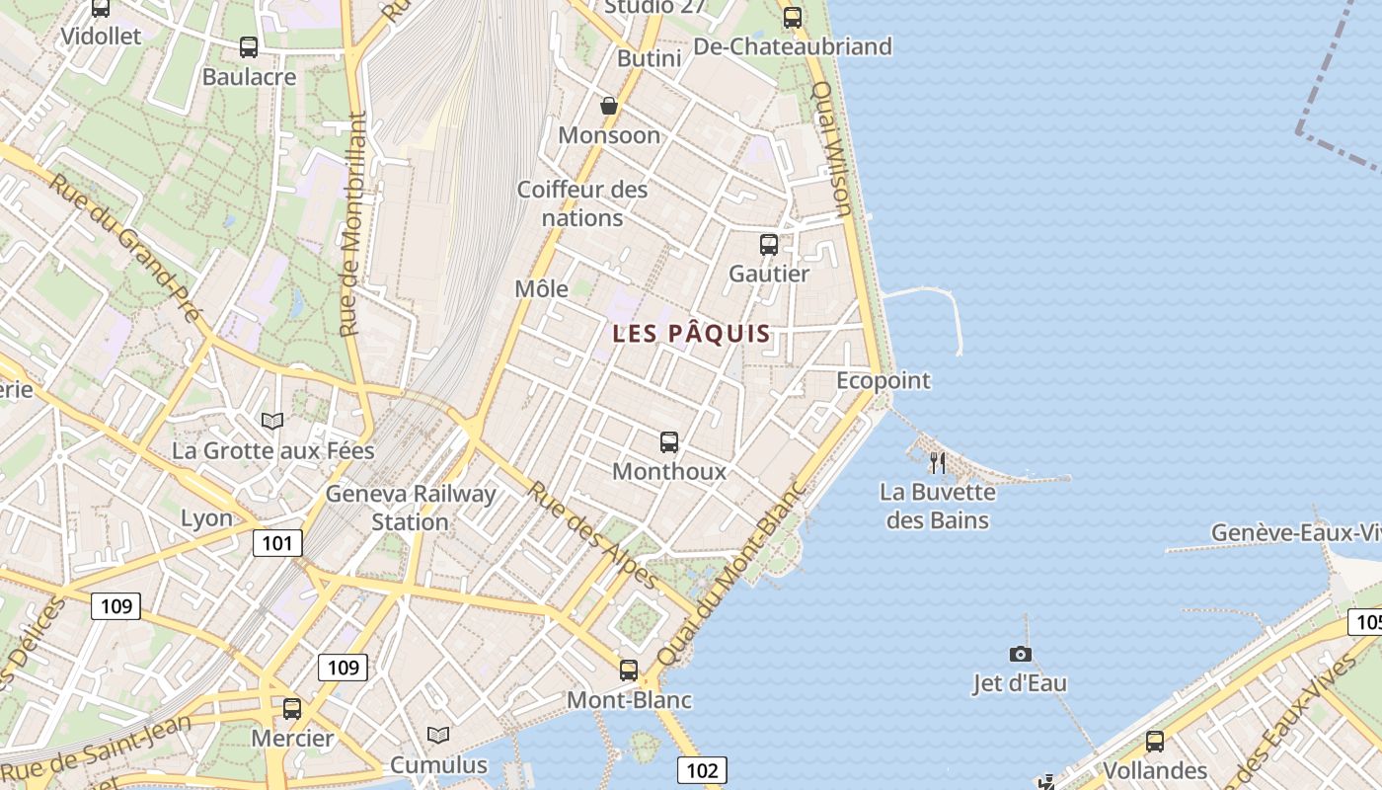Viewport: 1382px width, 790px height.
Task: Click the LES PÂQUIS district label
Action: tap(691, 334)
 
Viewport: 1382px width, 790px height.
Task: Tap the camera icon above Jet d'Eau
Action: tap(1021, 654)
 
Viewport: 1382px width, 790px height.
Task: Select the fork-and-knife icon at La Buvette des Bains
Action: tap(938, 462)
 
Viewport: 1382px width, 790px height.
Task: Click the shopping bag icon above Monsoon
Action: tap(609, 106)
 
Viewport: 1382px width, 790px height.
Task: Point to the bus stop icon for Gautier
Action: tap(769, 244)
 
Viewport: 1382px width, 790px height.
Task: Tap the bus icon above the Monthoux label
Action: tap(669, 441)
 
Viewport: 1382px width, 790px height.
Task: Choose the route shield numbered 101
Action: tap(277, 542)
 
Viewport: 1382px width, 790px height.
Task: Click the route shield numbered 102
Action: tap(702, 769)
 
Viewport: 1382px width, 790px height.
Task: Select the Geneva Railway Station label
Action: tap(411, 508)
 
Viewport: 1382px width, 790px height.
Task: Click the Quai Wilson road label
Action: tap(831, 148)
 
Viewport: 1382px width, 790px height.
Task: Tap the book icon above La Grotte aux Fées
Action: tap(272, 422)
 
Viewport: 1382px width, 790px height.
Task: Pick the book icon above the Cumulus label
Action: tap(438, 736)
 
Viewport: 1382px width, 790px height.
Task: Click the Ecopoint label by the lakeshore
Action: tap(883, 380)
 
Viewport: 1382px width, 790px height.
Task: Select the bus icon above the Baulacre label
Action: tap(249, 46)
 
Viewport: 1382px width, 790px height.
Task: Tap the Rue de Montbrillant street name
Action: tap(353, 222)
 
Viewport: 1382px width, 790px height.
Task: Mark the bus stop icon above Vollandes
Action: tap(1155, 741)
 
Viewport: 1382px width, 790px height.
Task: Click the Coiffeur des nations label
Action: tap(583, 202)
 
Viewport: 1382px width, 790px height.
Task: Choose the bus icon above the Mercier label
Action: tap(292, 708)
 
